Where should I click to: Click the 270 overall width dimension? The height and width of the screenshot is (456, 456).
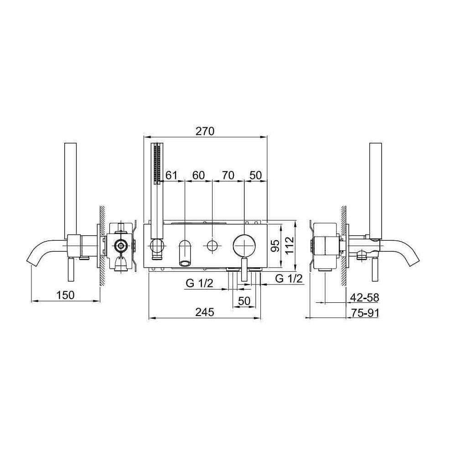coord(205,131)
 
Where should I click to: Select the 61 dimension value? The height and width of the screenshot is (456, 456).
coord(171,176)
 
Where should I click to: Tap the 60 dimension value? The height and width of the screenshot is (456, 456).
coord(198,176)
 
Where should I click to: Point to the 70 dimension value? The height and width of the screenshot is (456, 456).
coord(228,176)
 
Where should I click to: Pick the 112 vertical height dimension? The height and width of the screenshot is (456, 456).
coord(290,246)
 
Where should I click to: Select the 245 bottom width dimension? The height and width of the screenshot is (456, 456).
coord(204,312)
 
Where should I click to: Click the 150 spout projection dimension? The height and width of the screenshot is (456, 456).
coord(65,295)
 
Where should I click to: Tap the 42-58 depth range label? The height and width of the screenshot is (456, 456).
coord(365,297)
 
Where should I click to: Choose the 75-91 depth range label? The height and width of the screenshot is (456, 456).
coord(365,313)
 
